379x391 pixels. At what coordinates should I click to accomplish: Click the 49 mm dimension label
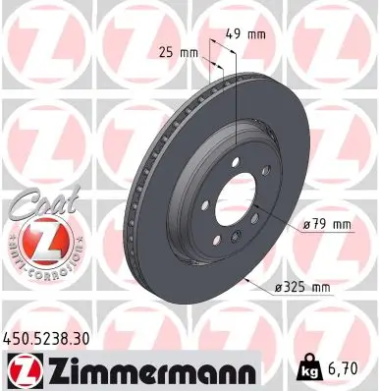(x=245, y=34)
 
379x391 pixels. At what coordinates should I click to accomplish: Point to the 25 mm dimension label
(x=179, y=52)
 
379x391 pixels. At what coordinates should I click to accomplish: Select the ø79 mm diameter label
(x=327, y=225)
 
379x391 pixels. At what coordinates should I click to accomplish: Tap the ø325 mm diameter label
(x=302, y=287)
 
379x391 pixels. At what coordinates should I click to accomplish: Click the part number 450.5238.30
(x=46, y=339)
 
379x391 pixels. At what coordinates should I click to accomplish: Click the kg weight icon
(x=306, y=368)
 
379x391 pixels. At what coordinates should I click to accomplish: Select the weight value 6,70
(x=342, y=368)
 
